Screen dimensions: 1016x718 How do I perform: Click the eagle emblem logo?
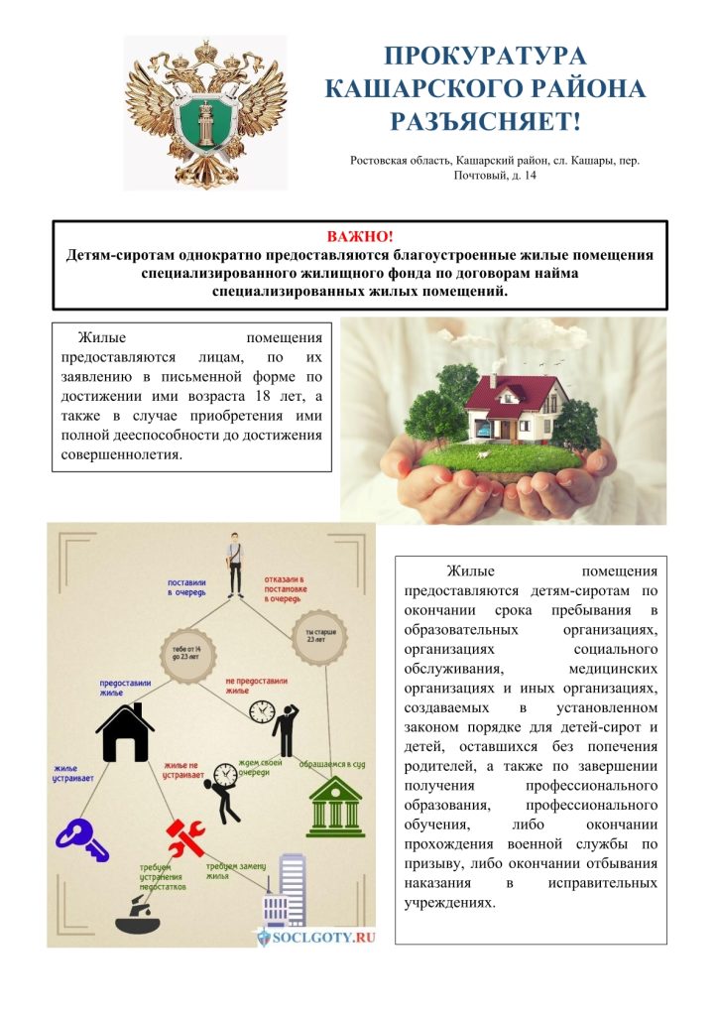[x=205, y=112]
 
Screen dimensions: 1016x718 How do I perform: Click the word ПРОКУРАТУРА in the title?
[x=485, y=56]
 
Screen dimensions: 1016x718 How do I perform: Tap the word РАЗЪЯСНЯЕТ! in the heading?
[x=485, y=122]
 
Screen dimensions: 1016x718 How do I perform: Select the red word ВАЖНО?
[x=359, y=237]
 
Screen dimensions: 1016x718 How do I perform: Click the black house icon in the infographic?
[x=125, y=733]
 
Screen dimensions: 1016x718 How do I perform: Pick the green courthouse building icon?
[x=334, y=807]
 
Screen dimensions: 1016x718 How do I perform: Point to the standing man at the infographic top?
[x=234, y=564]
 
